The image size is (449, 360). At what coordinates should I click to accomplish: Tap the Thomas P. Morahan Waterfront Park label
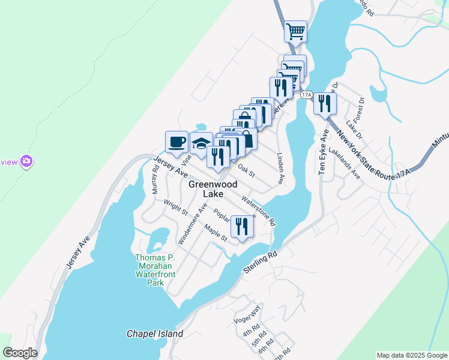click(147, 270)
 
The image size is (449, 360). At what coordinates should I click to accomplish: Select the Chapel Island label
click(155, 334)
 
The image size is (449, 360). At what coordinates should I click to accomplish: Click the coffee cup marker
click(176, 143)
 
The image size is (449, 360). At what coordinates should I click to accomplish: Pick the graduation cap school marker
click(201, 144)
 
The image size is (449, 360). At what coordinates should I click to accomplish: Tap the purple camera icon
click(26, 161)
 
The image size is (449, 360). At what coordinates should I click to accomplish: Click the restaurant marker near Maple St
click(242, 227)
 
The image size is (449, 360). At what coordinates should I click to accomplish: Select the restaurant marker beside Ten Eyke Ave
click(325, 104)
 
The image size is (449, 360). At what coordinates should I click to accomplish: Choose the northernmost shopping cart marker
click(295, 31)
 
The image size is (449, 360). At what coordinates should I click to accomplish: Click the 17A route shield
click(306, 95)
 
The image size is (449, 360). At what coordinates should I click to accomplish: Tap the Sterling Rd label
click(260, 262)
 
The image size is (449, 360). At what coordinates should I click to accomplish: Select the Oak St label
click(247, 171)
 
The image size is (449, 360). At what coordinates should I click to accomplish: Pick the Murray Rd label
click(155, 179)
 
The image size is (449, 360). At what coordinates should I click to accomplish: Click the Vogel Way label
click(248, 316)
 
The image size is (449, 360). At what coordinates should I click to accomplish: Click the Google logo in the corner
click(20, 352)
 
